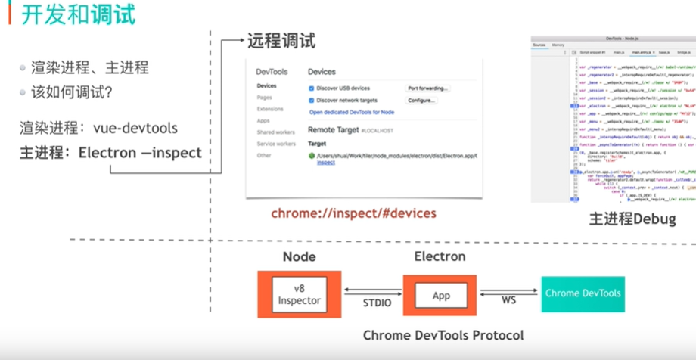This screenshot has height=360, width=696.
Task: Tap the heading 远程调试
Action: click(x=281, y=42)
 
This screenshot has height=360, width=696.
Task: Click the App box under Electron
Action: click(x=440, y=294)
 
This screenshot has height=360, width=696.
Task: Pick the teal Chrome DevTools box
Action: click(x=583, y=293)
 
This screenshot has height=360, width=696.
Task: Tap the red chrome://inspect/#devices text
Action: click(x=353, y=213)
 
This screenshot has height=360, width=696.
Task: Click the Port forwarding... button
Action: click(x=428, y=88)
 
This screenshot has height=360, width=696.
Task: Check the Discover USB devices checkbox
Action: click(x=312, y=88)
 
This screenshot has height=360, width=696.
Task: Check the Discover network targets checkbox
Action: click(x=312, y=100)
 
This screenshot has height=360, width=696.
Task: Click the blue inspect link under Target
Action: click(x=325, y=163)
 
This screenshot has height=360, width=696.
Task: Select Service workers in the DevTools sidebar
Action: click(x=275, y=144)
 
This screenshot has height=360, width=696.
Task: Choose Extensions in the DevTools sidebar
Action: click(x=269, y=109)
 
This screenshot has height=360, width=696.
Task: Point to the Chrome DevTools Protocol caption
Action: click(x=443, y=334)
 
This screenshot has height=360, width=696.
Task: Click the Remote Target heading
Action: click(x=333, y=130)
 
